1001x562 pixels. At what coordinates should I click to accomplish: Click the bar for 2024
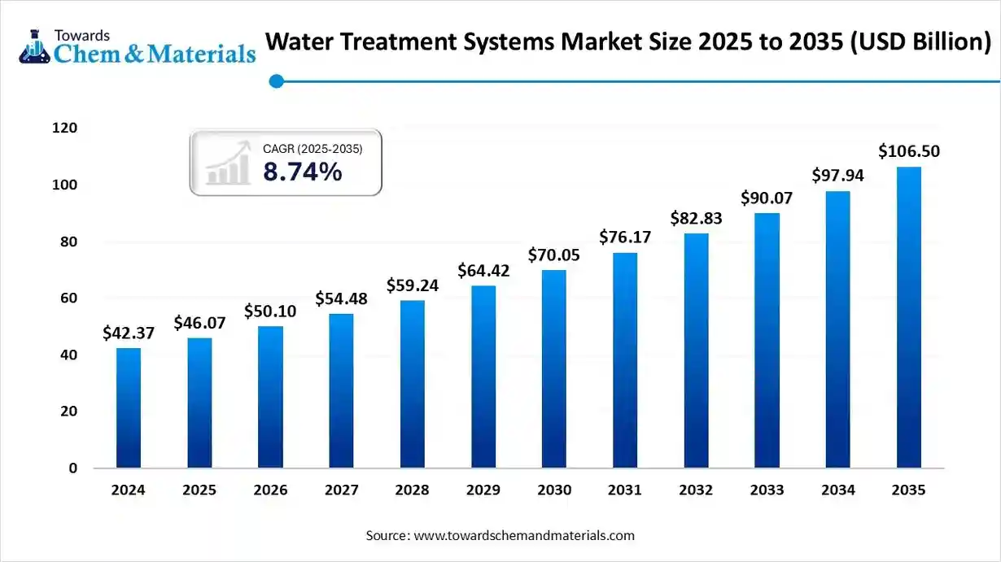click(129, 407)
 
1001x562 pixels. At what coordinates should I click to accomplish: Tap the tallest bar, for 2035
click(909, 317)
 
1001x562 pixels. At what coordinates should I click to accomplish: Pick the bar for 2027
click(341, 390)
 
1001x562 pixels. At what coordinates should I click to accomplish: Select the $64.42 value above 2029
click(483, 269)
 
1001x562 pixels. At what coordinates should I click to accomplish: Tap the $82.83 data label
click(696, 218)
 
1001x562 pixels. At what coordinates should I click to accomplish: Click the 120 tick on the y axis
click(66, 129)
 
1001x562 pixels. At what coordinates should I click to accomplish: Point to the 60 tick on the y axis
click(69, 298)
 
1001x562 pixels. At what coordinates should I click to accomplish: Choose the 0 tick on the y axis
click(73, 468)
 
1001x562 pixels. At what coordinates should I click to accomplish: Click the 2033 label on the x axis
click(767, 490)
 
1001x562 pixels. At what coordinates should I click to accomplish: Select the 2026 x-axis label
click(270, 490)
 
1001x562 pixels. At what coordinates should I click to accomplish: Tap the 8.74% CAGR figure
click(302, 172)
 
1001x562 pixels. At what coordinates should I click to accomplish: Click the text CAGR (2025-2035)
click(313, 149)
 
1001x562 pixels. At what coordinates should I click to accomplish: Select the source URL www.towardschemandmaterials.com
click(524, 536)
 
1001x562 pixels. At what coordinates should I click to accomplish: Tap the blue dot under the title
click(277, 81)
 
